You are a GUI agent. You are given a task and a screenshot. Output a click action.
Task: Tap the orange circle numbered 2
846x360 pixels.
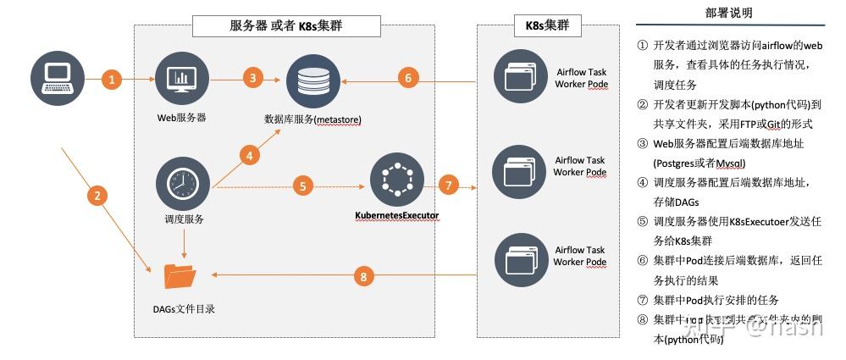pyautogui.click(x=98, y=197)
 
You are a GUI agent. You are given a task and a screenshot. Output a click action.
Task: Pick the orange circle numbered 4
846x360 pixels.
pyautogui.click(x=248, y=155)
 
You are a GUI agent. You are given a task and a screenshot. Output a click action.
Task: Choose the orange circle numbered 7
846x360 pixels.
pyautogui.click(x=448, y=186)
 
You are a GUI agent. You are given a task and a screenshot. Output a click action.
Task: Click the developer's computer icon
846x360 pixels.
pyautogui.click(x=57, y=79)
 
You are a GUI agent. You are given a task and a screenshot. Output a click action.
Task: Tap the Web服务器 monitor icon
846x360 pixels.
pyautogui.click(x=181, y=79)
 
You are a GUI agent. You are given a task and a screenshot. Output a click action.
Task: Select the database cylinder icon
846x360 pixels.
pyautogui.click(x=312, y=80)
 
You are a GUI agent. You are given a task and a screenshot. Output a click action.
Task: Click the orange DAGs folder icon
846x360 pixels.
pyautogui.click(x=179, y=275)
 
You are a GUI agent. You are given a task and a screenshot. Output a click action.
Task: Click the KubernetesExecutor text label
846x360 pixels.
pyautogui.click(x=396, y=215)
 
